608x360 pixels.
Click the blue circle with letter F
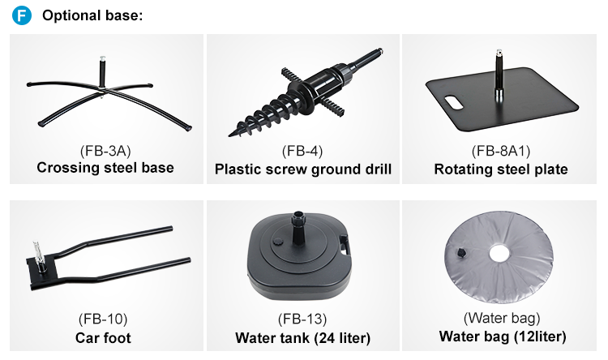click(22, 15)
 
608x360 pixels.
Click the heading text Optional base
click(92, 15)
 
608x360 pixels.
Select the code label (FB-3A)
click(105, 151)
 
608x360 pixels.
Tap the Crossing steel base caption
click(105, 168)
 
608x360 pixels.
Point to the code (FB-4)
click(302, 151)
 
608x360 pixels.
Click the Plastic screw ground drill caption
click(303, 169)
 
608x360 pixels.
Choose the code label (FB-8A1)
click(501, 151)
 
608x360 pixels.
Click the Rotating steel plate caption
click(501, 169)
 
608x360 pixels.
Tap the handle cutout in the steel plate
click(453, 102)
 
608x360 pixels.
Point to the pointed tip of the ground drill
click(229, 135)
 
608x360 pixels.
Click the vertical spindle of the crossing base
click(102, 72)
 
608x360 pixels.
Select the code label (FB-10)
click(103, 319)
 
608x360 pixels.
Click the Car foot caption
click(103, 337)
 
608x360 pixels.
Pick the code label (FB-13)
click(302, 319)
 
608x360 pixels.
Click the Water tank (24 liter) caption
click(303, 337)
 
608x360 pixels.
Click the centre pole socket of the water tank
click(298, 228)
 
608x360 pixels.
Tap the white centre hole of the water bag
click(499, 254)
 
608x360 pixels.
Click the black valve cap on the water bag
click(461, 253)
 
